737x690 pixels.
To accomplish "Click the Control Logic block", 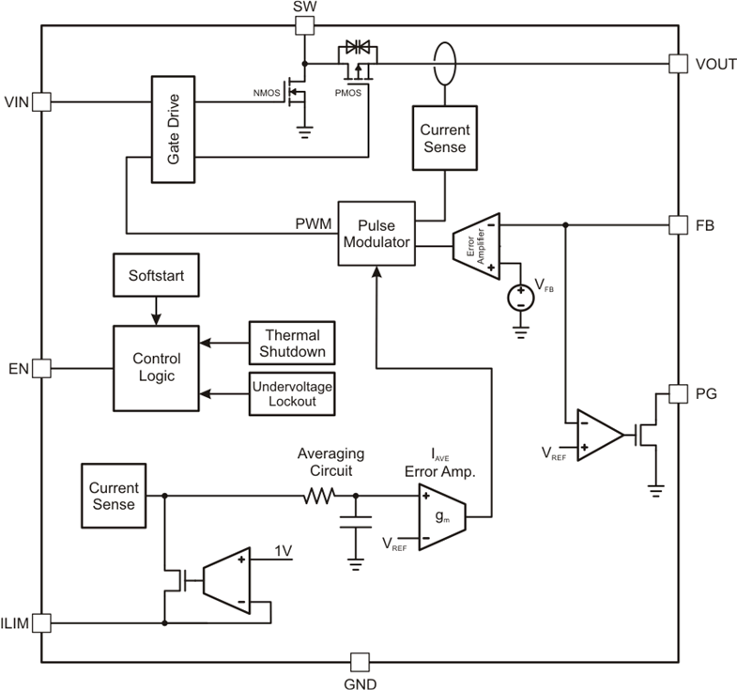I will (156, 368).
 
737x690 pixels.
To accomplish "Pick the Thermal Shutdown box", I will (291, 344).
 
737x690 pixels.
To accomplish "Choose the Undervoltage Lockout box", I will (291, 392).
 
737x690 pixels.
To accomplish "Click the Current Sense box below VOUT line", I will (444, 138).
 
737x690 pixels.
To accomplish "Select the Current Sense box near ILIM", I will (114, 496).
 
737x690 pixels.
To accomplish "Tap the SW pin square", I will (302, 25).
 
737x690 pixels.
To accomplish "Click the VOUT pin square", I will (678, 64).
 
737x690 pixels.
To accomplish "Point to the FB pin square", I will (678, 225).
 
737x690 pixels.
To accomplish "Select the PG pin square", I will (678, 392).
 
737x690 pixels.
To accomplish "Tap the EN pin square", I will (41, 369).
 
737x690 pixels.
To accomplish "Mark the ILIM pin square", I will (41, 621).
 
